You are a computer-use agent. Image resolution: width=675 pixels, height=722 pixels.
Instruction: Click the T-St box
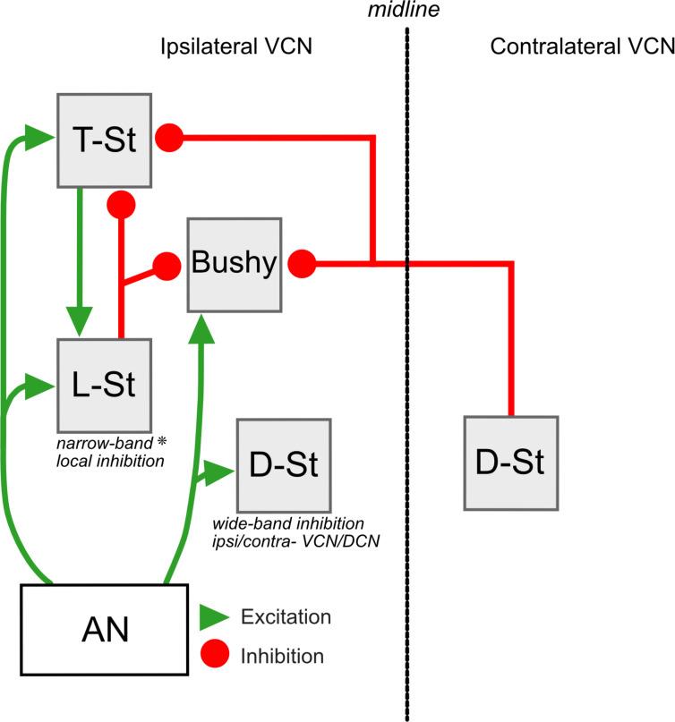point(102,139)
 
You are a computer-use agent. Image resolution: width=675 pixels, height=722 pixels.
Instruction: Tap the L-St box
point(102,385)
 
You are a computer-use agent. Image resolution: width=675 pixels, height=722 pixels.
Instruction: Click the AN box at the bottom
point(104,630)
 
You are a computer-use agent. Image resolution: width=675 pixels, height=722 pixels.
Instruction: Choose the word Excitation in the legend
point(286,617)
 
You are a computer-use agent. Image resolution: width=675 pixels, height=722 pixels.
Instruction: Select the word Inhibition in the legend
point(282,657)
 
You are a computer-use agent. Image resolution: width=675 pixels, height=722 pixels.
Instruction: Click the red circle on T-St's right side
point(169,138)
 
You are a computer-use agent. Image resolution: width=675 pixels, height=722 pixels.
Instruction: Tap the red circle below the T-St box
point(121,204)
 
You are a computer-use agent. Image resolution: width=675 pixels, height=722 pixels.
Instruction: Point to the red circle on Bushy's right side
point(301,263)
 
